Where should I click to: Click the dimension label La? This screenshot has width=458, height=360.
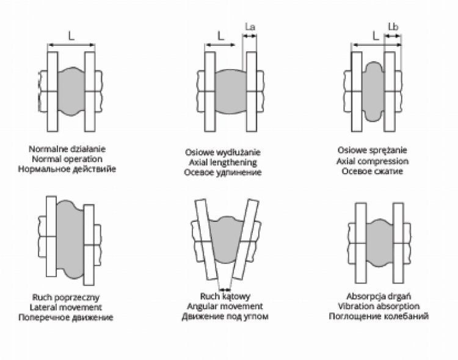(x=249, y=28)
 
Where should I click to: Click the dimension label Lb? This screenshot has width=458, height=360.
(x=393, y=28)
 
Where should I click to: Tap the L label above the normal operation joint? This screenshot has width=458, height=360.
(x=71, y=36)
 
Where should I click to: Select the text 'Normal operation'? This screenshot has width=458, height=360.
(x=71, y=158)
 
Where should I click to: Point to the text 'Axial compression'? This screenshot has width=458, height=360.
(x=372, y=160)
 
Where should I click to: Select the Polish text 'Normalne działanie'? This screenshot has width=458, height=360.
(x=71, y=149)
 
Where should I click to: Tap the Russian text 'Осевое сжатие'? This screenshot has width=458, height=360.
(x=372, y=171)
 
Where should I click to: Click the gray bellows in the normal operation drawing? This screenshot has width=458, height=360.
(x=71, y=92)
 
